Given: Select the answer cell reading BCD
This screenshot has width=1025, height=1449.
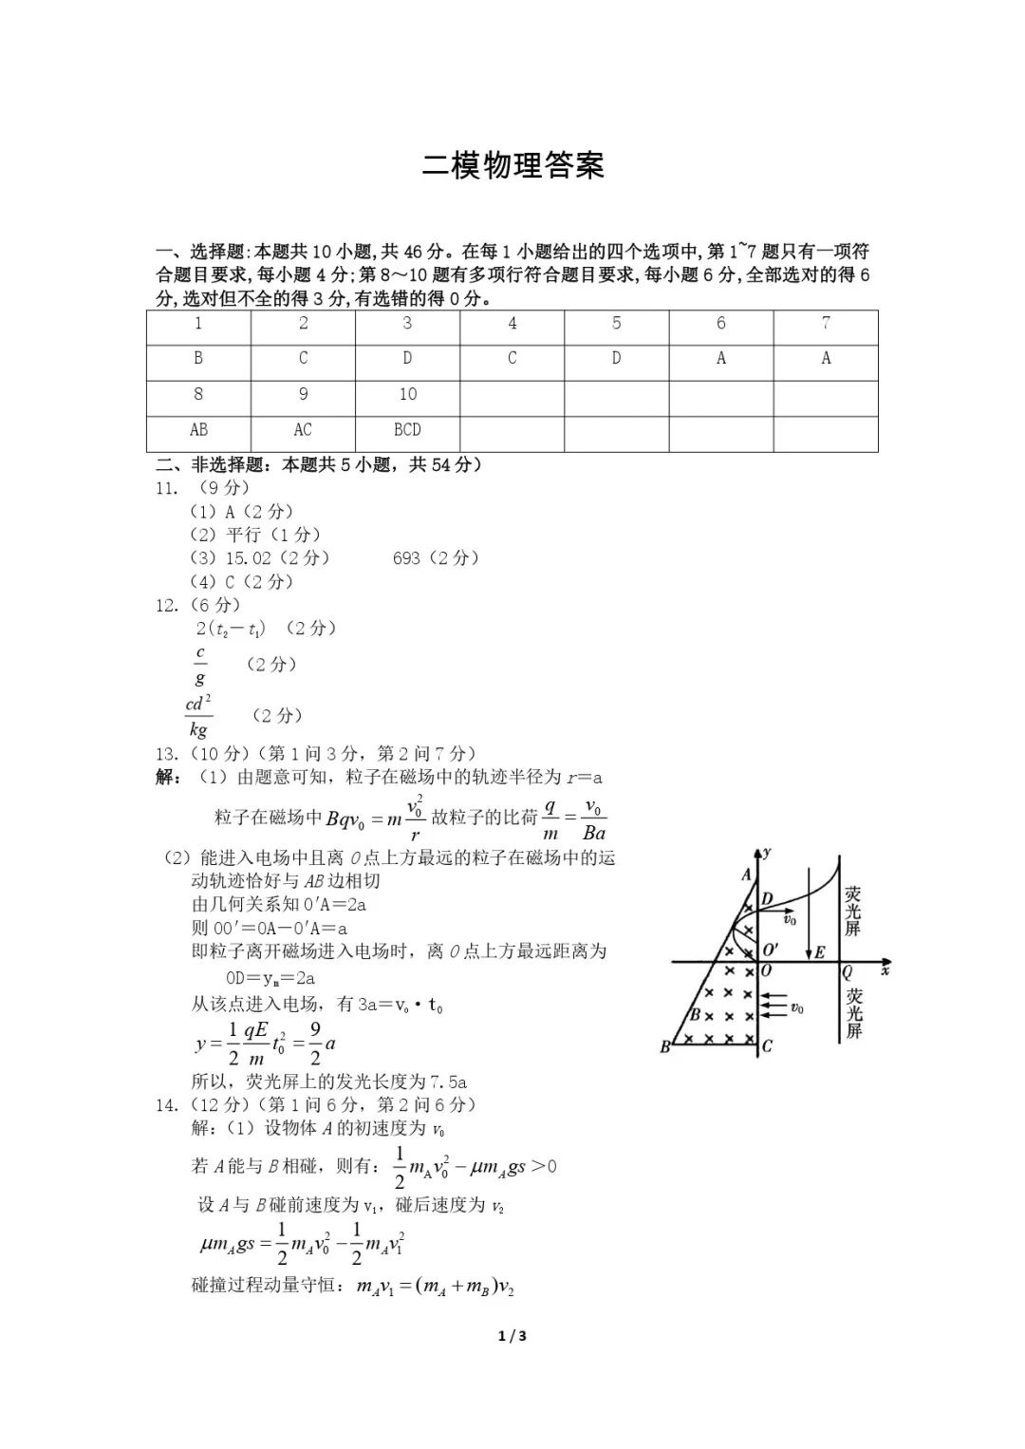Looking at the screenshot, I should (407, 430).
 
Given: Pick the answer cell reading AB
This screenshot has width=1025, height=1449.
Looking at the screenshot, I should (198, 430).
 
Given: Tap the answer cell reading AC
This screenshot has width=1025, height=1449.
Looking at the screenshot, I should (303, 430).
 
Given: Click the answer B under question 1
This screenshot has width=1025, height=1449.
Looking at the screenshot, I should (198, 358).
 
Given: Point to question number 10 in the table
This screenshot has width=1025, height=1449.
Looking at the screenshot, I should (407, 394).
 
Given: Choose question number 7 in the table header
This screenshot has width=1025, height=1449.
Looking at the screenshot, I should (826, 324).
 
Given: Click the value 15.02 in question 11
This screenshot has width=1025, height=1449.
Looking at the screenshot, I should (249, 558).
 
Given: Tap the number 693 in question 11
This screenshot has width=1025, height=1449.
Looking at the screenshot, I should (406, 558).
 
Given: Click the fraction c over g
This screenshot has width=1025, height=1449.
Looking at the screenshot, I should (200, 665).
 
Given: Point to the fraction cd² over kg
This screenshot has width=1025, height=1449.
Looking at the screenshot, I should (198, 716).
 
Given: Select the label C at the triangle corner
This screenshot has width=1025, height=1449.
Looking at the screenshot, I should (767, 1046).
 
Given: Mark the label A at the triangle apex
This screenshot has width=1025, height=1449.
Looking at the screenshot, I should (746, 875).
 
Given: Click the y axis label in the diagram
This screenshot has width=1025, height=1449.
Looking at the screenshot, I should (766, 852).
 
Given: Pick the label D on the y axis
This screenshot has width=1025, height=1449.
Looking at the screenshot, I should (767, 898).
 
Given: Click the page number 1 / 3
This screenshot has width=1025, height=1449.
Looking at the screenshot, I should (512, 1336).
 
